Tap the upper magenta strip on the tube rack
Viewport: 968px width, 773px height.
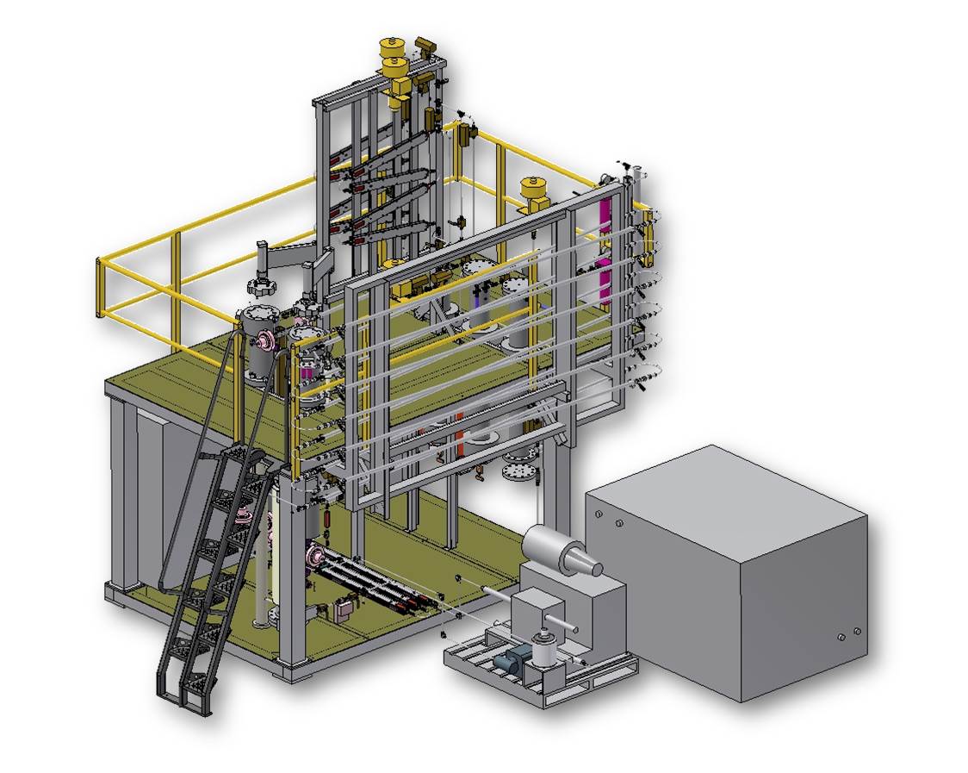[x=605, y=215]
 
